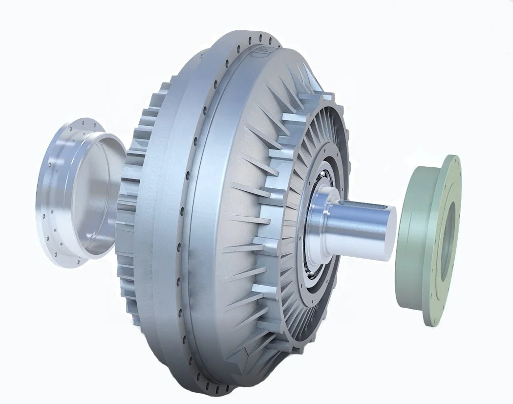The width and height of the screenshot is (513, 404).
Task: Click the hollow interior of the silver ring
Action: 98,196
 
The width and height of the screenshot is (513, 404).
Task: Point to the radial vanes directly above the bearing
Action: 322,142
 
